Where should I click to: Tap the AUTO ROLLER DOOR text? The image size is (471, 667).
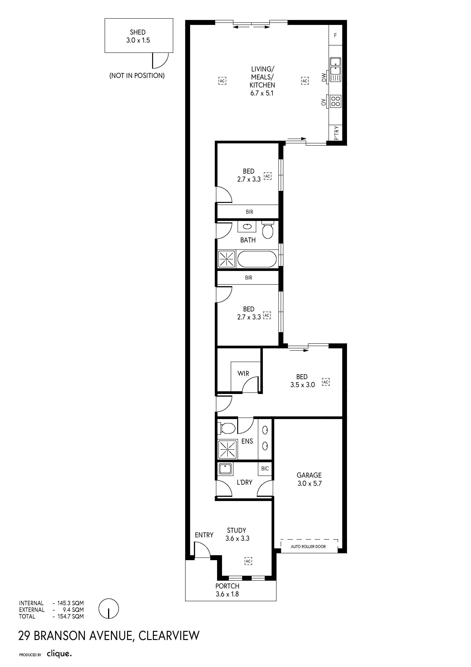[x=308, y=546]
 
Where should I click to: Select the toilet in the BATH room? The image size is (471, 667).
[x=268, y=230]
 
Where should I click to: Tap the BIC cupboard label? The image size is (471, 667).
[x=265, y=468]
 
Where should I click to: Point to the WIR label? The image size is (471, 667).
[x=243, y=374]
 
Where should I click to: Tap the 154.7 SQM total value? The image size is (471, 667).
[x=70, y=616]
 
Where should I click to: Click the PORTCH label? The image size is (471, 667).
[x=227, y=586]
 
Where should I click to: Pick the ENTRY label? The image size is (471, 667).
[x=204, y=535]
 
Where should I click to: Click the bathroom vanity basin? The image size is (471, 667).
[x=247, y=227]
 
